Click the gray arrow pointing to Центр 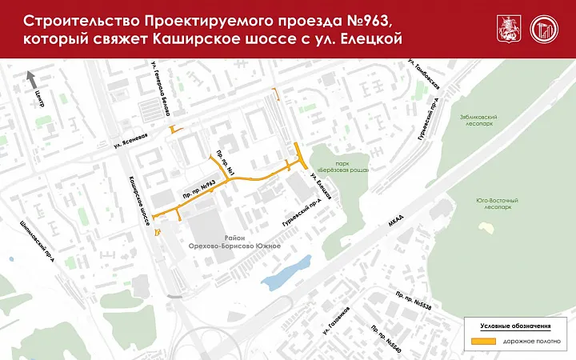click(x=32, y=78)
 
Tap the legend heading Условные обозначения click(x=515, y=326)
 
